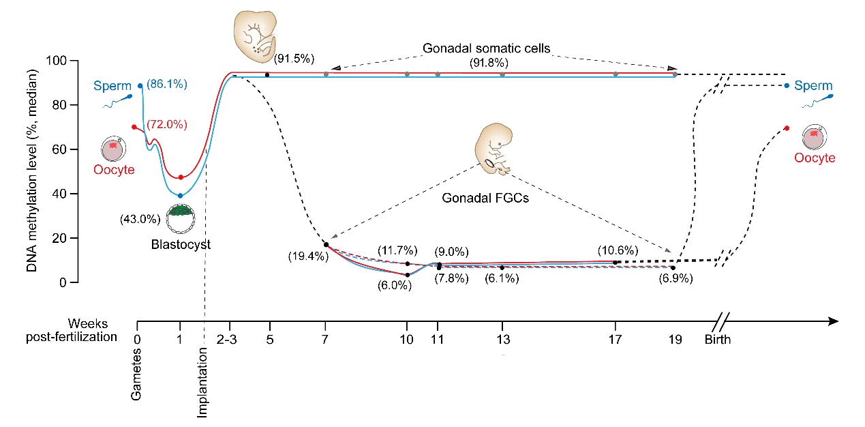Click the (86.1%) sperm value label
[x=167, y=85]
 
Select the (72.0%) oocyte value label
[x=167, y=125]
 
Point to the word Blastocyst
[x=180, y=244]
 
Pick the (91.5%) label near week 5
[x=294, y=58]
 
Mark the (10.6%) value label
[x=618, y=250]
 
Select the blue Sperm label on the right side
[x=817, y=87]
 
